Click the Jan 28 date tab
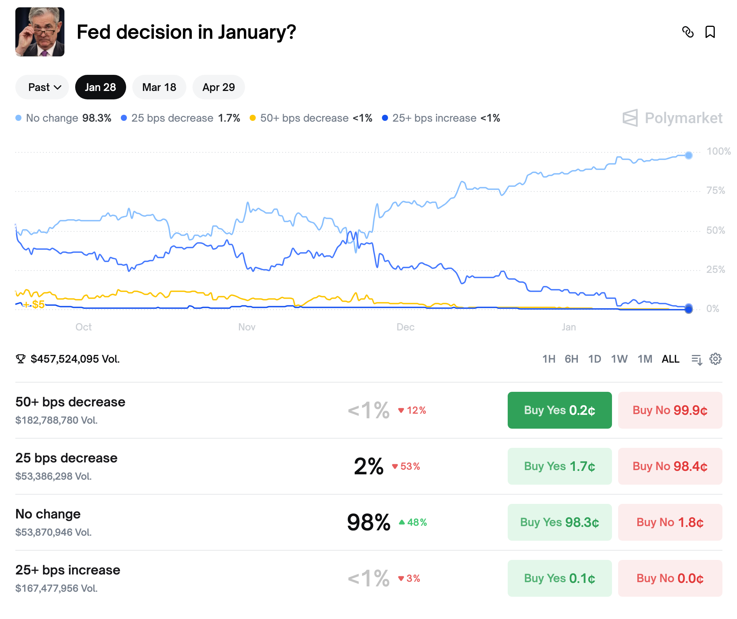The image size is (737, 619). click(100, 87)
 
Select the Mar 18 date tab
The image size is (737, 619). click(159, 87)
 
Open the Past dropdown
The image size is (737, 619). click(43, 87)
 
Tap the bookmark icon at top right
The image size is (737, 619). click(710, 32)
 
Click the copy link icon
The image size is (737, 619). click(688, 32)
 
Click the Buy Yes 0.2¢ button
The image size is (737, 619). click(559, 410)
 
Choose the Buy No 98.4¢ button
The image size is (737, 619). click(670, 466)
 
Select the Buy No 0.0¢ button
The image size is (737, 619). click(670, 578)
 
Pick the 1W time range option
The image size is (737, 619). click(619, 359)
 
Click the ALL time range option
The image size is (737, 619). click(670, 359)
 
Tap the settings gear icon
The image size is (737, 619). click(715, 359)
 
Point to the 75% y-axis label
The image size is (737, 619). click(716, 191)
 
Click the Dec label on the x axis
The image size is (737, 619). click(405, 327)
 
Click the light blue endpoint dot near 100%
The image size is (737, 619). click(689, 155)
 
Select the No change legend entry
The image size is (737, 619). click(64, 118)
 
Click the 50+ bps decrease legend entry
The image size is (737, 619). click(311, 118)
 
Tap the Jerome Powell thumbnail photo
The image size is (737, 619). click(40, 32)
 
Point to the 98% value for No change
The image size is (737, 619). click(368, 522)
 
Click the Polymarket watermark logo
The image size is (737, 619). click(673, 118)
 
